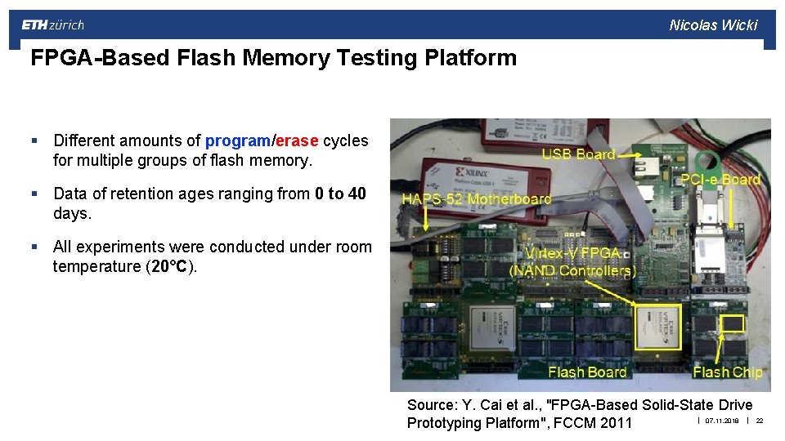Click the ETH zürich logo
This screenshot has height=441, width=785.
[x=53, y=25]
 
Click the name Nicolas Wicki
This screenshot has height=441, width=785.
[x=713, y=25]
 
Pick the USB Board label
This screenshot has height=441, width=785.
[x=578, y=154]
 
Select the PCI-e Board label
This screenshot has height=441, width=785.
[x=720, y=180]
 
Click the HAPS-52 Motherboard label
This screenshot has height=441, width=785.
[x=476, y=199]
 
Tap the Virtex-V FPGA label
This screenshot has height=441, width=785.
[x=572, y=253]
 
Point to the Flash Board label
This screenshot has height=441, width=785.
[x=587, y=372]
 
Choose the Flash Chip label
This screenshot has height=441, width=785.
[x=728, y=372]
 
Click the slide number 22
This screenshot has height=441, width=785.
[x=760, y=421]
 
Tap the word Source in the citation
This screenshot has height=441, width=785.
[x=432, y=405]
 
